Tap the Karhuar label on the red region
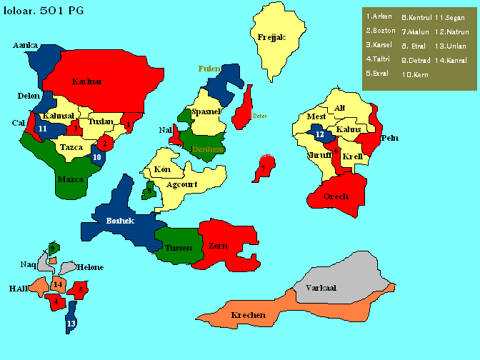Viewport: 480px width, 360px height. [87, 81]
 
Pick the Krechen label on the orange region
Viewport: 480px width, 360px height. [248, 315]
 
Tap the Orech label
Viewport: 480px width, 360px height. [336, 196]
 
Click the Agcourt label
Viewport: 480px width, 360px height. [181, 184]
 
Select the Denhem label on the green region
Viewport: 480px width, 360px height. [207, 149]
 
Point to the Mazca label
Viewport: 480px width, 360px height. [70, 179]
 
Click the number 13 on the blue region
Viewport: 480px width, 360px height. [71, 324]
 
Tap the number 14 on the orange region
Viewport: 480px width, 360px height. [59, 285]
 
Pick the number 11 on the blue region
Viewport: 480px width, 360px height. [43, 129]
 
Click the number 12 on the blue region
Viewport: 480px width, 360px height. [319, 134]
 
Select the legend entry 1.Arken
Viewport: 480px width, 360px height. [379, 16]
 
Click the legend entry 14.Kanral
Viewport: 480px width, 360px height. [451, 60]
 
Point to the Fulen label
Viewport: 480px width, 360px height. [209, 69]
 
